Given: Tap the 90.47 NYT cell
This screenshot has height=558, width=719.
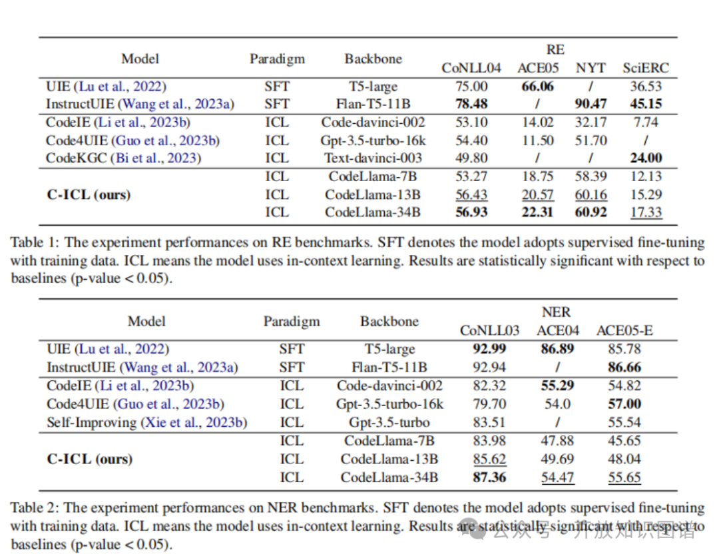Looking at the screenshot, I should (591, 104).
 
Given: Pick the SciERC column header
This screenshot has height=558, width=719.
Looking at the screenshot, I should (645, 68).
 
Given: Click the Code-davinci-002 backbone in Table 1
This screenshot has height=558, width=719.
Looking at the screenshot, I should (373, 123).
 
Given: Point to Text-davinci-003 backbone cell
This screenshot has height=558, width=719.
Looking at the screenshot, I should (373, 158).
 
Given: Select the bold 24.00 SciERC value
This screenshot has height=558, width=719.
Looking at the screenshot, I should (645, 158).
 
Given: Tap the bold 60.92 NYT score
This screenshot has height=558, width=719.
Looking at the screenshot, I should (591, 212).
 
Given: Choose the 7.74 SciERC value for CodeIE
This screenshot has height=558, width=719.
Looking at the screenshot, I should (645, 123).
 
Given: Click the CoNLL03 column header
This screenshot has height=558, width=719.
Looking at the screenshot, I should (489, 330).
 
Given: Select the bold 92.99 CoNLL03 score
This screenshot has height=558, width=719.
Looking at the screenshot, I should (489, 349).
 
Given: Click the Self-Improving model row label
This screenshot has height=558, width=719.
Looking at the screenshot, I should (146, 422).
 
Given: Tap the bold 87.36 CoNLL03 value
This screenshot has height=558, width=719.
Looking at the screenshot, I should (489, 477).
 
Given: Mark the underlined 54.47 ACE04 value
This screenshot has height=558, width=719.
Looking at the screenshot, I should (558, 477).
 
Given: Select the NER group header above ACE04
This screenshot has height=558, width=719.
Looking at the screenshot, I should (555, 312).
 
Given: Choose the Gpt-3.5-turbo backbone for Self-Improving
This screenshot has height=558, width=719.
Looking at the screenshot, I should (389, 422).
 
